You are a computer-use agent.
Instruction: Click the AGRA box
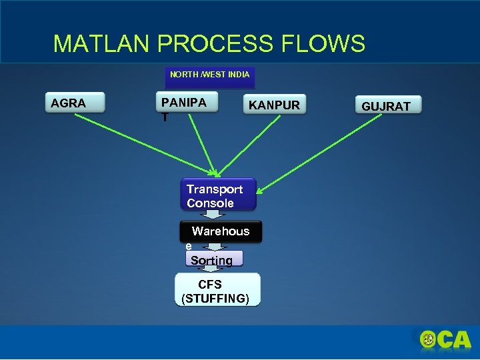[77, 103]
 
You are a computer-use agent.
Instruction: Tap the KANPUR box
[275, 105]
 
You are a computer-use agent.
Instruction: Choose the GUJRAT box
[386, 105]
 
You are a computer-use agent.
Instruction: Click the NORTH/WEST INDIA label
[209, 75]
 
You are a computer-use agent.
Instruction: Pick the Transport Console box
[217, 195]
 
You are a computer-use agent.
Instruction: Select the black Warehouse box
[221, 231]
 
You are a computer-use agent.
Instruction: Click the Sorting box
[213, 259]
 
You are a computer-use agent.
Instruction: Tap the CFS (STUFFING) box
[217, 290]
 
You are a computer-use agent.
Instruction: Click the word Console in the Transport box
[211, 203]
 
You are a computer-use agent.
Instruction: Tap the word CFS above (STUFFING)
[210, 284]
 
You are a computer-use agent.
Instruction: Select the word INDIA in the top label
[239, 75]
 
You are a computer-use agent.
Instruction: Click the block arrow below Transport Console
[213, 215]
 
